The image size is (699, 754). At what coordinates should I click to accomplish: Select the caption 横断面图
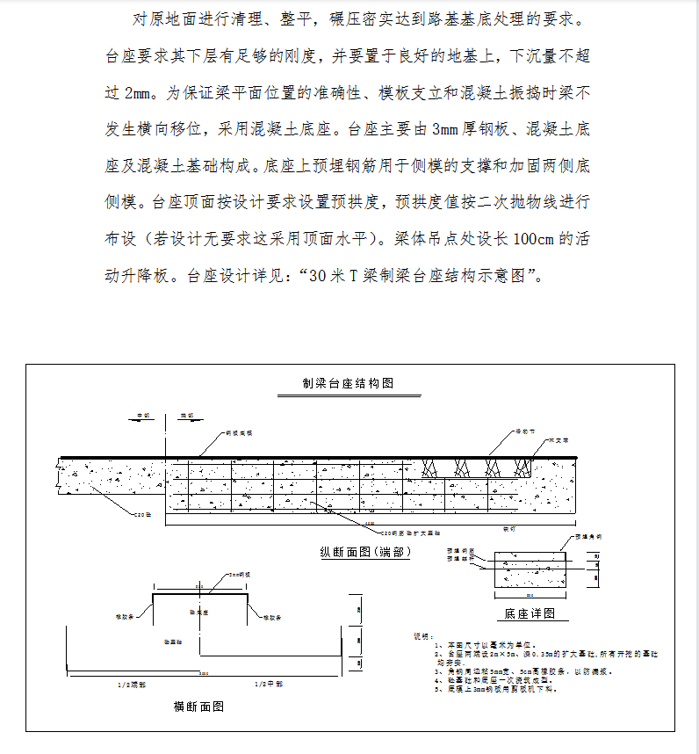[198, 706]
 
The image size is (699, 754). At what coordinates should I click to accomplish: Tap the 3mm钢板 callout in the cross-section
[234, 574]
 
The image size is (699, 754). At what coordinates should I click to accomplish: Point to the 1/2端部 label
[132, 683]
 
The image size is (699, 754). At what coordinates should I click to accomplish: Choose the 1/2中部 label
[268, 683]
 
